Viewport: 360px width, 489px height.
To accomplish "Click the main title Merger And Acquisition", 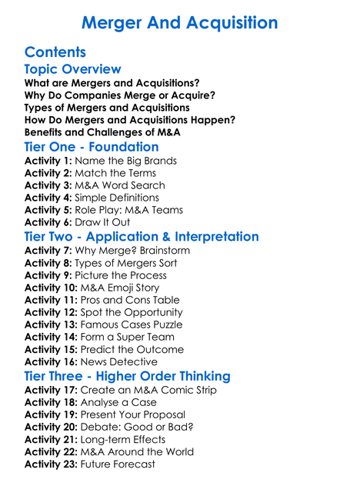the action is [x=179, y=22].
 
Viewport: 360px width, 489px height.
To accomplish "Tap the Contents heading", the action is [x=55, y=53].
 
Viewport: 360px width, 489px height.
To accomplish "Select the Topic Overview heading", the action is [x=72, y=70].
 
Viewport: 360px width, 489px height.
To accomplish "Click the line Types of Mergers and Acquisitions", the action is [x=107, y=108].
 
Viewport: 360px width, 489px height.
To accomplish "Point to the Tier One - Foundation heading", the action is [x=92, y=146].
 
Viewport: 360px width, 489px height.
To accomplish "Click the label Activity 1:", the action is [x=48, y=161].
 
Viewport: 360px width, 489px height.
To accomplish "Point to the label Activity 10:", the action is [x=51, y=288].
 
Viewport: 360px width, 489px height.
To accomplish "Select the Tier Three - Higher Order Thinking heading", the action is [x=127, y=377].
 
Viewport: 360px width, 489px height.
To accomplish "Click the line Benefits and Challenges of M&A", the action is [x=102, y=132].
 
